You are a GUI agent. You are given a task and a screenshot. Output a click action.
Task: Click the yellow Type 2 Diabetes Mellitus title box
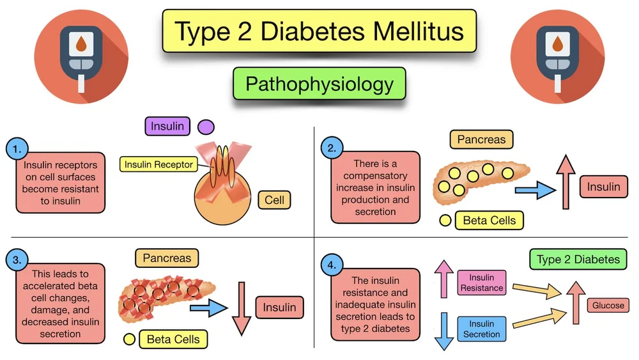[319, 31]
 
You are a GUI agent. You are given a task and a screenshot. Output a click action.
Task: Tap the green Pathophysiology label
[319, 84]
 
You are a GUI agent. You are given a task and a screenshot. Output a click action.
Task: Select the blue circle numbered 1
[15, 149]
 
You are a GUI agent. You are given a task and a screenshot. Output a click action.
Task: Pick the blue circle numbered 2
[331, 149]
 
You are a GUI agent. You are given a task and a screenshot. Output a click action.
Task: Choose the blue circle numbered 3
[15, 260]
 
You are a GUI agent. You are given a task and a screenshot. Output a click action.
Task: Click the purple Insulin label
[168, 127]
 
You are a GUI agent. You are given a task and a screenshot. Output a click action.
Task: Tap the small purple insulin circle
[206, 127]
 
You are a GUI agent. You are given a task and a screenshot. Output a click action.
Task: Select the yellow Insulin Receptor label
[158, 164]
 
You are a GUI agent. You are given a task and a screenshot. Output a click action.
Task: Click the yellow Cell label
[274, 200]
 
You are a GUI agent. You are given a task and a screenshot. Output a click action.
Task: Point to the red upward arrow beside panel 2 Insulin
[565, 182]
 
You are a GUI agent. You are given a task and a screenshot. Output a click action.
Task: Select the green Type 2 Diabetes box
[578, 260]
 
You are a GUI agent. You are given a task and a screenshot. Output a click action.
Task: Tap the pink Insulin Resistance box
[481, 283]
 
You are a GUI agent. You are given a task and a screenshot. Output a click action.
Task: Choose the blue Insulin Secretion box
[481, 329]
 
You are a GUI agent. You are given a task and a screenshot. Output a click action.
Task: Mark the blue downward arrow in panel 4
[443, 329]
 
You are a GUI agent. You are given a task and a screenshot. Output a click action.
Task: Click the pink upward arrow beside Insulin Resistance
[443, 279]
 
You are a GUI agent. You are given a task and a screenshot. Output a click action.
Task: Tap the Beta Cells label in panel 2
[489, 221]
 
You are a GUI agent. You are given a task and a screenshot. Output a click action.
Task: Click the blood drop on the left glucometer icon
[81, 45]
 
